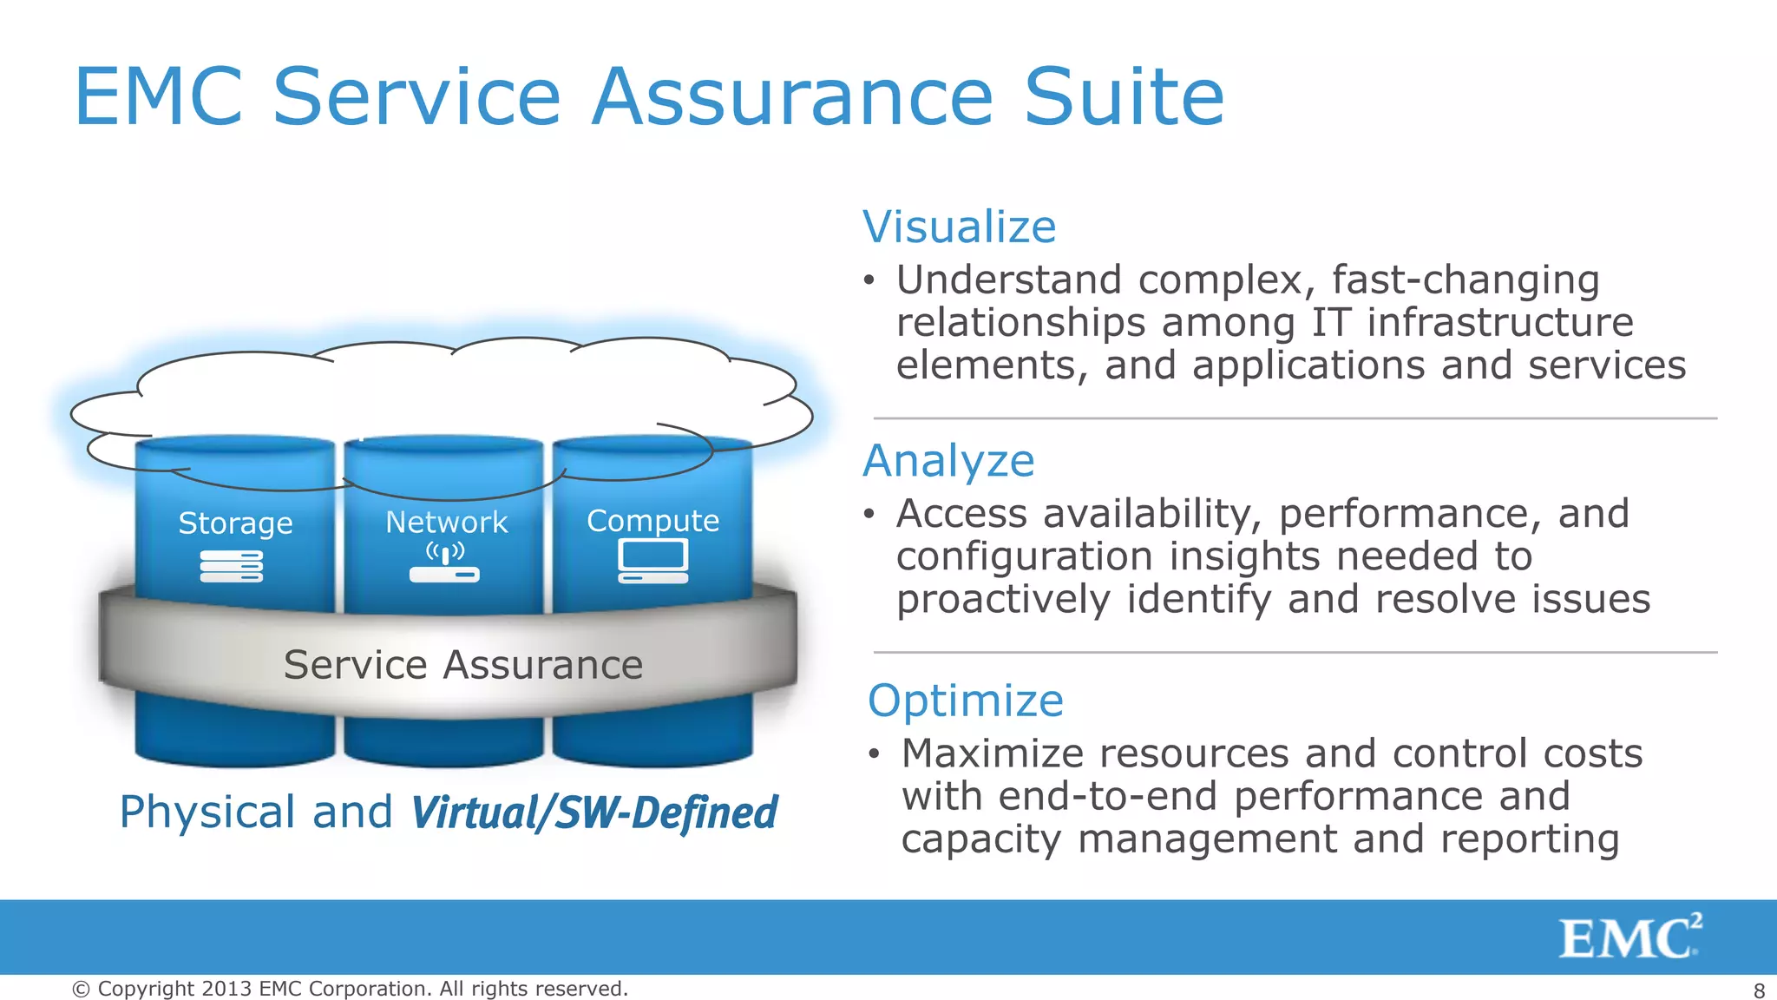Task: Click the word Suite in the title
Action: coord(1124,97)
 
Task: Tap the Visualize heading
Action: coord(959,227)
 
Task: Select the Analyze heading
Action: coord(948,461)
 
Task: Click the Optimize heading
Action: coord(965,701)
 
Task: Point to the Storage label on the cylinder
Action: coord(235,523)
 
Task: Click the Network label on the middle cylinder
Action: coord(446,523)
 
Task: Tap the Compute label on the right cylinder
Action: coord(652,521)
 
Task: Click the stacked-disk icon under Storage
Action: coord(231,566)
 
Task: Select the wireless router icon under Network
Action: coord(444,564)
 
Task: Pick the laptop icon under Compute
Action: coord(653,561)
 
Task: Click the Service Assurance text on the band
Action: coord(462,666)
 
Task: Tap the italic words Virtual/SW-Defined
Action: coord(594,813)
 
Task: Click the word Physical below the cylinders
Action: coord(207,812)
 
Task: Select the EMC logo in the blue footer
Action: coord(1629,937)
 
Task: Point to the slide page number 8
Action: coord(1759,990)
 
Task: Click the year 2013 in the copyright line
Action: coord(226,989)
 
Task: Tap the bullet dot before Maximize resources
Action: coord(875,753)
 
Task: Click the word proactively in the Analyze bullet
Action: coord(1003,600)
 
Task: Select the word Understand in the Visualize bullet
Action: coord(1008,280)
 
